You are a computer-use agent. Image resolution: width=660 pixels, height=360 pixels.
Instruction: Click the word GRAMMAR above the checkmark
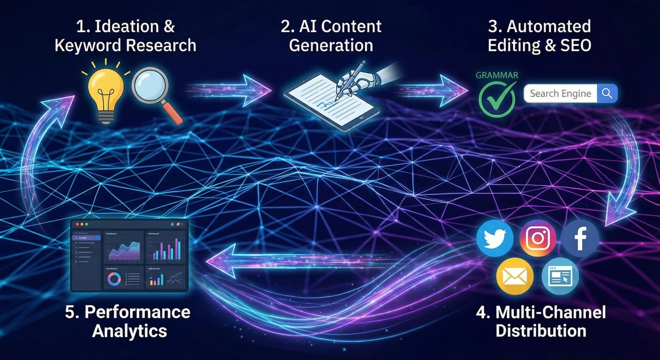pos(497,75)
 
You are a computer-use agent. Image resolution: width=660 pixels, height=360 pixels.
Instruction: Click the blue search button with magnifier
pos(607,93)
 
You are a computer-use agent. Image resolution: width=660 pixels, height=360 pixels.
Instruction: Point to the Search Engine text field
pos(560,93)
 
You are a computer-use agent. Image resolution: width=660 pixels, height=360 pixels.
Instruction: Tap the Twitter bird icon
pos(495,238)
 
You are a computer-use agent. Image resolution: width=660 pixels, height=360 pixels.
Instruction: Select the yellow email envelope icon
pos(515,276)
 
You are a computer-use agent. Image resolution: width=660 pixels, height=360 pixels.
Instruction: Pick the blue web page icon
pos(560,276)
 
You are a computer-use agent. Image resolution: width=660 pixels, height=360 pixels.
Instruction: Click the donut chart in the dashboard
pos(114,279)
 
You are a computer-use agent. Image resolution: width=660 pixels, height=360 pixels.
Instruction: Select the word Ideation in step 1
pos(127,26)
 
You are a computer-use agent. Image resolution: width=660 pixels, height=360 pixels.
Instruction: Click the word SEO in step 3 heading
pos(576,45)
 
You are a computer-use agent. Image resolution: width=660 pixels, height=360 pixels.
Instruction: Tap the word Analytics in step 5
pos(130,331)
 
